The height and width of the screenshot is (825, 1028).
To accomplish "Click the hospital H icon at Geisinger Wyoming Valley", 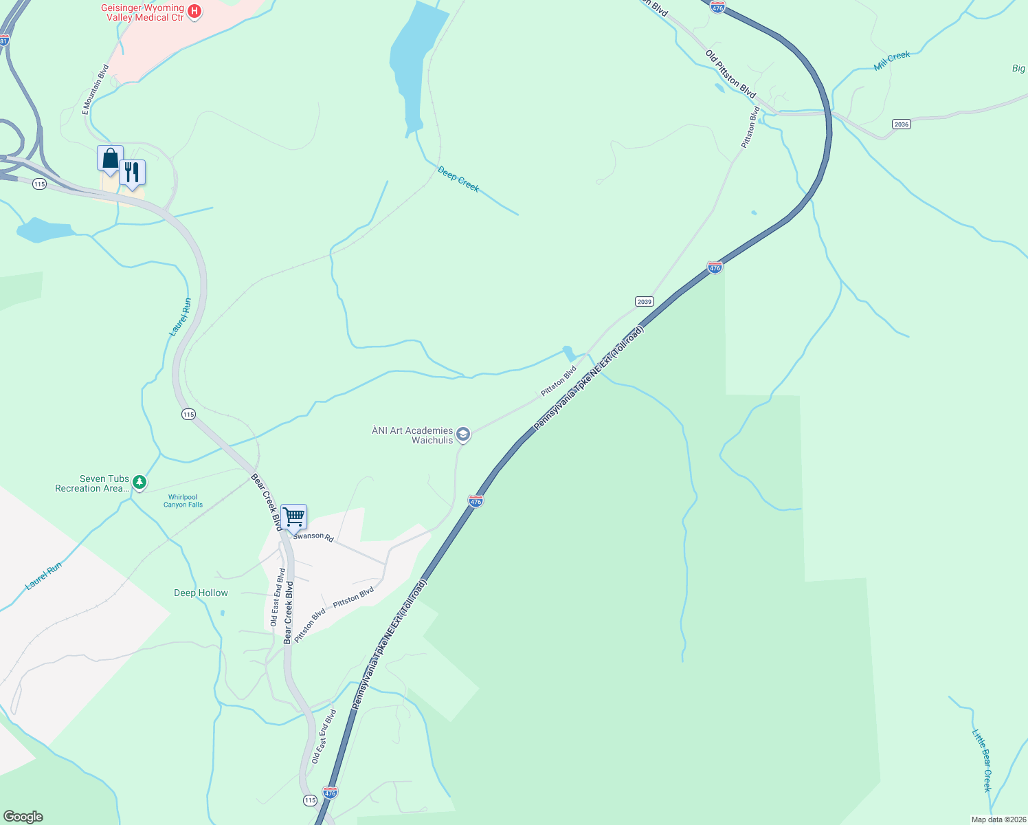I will pyautogui.click(x=194, y=12).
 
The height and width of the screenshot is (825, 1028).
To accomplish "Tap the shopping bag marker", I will pyautogui.click(x=110, y=159).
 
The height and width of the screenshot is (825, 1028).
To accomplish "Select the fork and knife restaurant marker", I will pyautogui.click(x=132, y=173).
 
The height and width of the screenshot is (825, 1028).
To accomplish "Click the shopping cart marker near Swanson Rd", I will pyautogui.click(x=293, y=517).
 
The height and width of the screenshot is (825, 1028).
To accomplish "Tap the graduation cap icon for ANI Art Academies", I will pyautogui.click(x=464, y=434).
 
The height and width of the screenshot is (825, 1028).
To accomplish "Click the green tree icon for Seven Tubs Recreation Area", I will pyautogui.click(x=139, y=483).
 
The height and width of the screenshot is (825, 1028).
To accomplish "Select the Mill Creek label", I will pyautogui.click(x=892, y=60).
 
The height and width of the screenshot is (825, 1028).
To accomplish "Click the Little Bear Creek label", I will pyautogui.click(x=981, y=760).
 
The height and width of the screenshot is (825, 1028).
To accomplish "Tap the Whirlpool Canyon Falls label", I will pyautogui.click(x=183, y=500).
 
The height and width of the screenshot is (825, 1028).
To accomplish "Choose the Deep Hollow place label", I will pyautogui.click(x=201, y=593).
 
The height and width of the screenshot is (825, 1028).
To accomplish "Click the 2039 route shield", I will pyautogui.click(x=644, y=302).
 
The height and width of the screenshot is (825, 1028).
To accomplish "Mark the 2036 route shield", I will pyautogui.click(x=901, y=124).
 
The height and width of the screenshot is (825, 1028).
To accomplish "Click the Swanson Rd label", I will pyautogui.click(x=313, y=536).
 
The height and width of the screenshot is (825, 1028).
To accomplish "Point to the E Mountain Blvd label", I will pyautogui.click(x=96, y=89).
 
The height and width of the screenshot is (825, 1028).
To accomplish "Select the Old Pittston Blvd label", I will pyautogui.click(x=730, y=74).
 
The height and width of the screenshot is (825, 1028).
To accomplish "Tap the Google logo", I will pyautogui.click(x=23, y=817).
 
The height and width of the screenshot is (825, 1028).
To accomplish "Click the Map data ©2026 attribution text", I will pyautogui.click(x=998, y=819).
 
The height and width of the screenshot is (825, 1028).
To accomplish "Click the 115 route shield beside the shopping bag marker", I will pyautogui.click(x=39, y=184).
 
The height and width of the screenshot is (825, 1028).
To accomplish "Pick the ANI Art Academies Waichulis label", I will pyautogui.click(x=412, y=435).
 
